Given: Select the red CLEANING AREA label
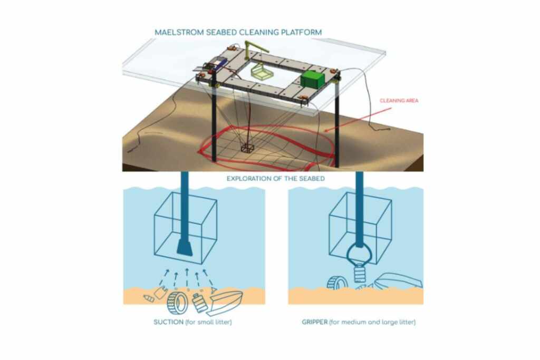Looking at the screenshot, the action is point(399,101).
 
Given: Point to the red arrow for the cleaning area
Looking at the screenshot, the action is point(358,120).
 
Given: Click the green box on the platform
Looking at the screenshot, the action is point(313,79).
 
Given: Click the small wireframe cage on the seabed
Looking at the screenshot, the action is point(247,148).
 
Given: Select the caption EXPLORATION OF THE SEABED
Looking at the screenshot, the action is point(275,179).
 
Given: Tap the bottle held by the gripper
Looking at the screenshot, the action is point(360,273).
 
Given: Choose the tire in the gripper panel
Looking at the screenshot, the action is point(337,283).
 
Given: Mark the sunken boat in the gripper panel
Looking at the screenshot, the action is point(398,280).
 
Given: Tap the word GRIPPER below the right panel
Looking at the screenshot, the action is point(315,322).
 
